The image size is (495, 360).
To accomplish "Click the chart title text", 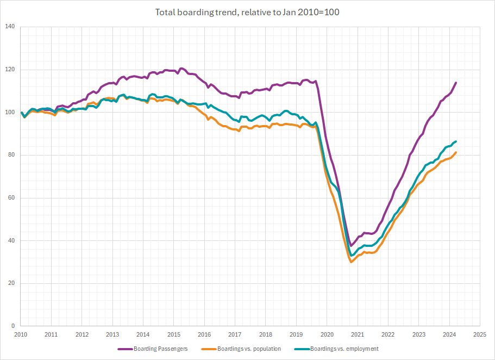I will pos(247,12).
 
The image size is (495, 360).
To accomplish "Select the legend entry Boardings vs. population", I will pos(249,349).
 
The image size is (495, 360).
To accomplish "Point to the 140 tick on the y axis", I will pos(11,26).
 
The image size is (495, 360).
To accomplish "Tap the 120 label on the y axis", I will pos(11,69).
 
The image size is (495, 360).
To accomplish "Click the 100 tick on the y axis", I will pos(11,112).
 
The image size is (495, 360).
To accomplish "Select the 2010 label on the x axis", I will pos(21,334).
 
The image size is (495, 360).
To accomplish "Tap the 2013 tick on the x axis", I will pos(112,334).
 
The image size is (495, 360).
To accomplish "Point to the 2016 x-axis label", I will pos(204,334).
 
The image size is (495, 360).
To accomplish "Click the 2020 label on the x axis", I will pos(327,334).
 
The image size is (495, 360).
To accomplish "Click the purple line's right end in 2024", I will pos(456,83).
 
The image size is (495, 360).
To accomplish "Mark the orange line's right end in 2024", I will pos(456,152).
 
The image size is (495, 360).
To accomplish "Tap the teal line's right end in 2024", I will pos(456,141).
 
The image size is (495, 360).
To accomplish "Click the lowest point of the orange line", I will pos(351,262).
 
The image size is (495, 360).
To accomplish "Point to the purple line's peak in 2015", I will pos(181,68).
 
